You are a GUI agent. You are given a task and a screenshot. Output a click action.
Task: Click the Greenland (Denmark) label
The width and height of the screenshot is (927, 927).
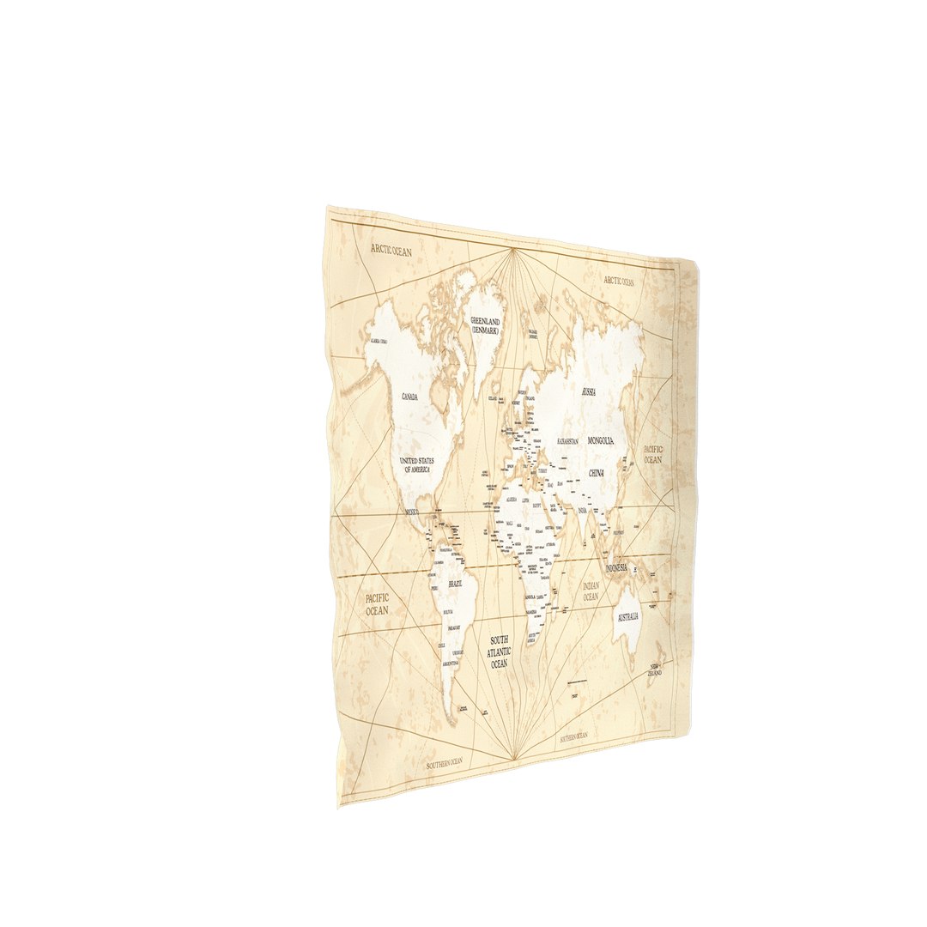click(485, 324)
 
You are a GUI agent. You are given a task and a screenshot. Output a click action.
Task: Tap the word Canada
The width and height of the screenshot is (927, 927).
click(409, 397)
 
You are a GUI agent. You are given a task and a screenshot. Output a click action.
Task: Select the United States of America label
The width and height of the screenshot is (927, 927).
click(417, 464)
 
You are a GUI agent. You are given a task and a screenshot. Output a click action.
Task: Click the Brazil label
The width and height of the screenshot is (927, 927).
click(455, 584)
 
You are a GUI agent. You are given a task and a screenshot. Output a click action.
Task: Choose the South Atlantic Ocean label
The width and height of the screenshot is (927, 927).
click(500, 652)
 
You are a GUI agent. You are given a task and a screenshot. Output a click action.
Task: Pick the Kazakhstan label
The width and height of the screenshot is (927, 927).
click(567, 441)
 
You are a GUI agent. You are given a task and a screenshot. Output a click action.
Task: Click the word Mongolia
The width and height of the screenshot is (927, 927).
click(601, 440)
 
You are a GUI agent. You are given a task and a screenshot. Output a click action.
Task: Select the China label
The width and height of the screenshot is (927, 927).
click(597, 473)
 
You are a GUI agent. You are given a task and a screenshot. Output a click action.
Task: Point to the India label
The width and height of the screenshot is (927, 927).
click(583, 512)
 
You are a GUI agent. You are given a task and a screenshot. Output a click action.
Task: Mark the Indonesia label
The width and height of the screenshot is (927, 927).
click(617, 569)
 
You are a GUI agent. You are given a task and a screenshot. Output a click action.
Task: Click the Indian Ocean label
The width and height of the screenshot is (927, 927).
click(591, 591)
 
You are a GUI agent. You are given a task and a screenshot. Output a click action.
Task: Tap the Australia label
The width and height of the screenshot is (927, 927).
click(628, 617)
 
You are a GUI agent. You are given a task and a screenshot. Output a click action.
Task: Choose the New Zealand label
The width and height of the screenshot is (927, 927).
click(656, 669)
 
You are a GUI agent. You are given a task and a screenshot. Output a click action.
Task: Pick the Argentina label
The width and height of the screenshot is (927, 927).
click(451, 663)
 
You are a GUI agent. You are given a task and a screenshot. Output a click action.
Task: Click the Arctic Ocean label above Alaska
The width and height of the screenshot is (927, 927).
click(391, 251)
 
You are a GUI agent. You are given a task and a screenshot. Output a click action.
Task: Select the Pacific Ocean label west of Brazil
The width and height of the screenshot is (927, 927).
click(377, 603)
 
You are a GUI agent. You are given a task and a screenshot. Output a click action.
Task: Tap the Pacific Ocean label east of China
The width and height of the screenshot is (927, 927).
click(653, 454)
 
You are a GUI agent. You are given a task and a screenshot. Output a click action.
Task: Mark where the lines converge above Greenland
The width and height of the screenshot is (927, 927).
click(513, 249)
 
